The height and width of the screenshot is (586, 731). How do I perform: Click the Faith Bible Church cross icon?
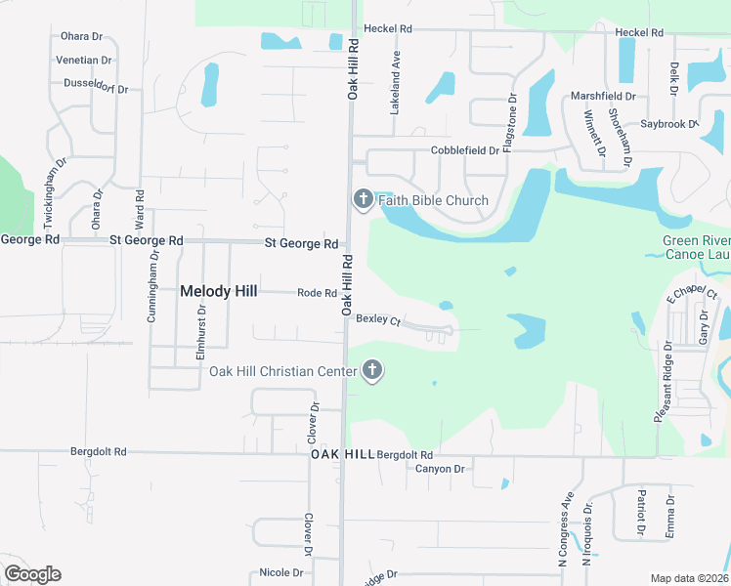point(363,200)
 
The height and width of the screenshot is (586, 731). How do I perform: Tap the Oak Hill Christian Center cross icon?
point(371,370)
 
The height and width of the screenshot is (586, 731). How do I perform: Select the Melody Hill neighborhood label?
point(219,290)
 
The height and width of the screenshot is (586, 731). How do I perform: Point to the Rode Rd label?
point(317,293)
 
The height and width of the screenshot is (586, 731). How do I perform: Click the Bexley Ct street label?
point(378,319)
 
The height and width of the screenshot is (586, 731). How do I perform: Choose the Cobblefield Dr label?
point(465,151)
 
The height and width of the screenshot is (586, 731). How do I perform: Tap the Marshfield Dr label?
point(603,97)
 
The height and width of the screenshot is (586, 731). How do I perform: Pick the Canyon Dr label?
point(440,469)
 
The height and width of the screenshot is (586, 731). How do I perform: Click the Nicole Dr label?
point(281,572)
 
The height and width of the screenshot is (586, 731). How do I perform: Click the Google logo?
point(32,574)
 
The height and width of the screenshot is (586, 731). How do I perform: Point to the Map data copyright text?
point(690,578)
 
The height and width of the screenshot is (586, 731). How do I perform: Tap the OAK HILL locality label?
point(342,455)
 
